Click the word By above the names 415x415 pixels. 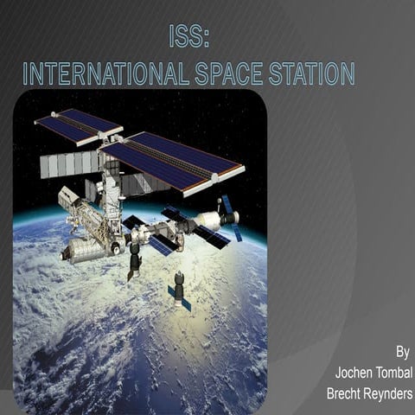[x=402, y=352]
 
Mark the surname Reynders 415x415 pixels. [x=391, y=394]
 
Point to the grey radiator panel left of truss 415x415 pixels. [x=69, y=164]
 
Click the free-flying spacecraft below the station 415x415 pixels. [x=179, y=290]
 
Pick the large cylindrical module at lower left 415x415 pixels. [x=85, y=250]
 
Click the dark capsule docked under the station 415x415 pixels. [x=135, y=259]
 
